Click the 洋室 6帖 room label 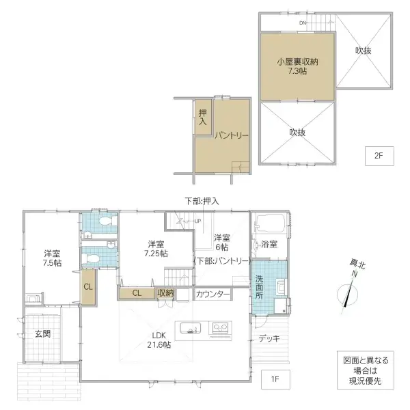point(221,243)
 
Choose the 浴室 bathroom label point(269,244)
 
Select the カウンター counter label point(213,295)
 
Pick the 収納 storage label point(165,294)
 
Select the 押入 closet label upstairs point(203,118)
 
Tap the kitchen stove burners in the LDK point(221,328)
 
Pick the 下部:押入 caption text point(202,202)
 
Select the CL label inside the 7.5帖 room point(88,287)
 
